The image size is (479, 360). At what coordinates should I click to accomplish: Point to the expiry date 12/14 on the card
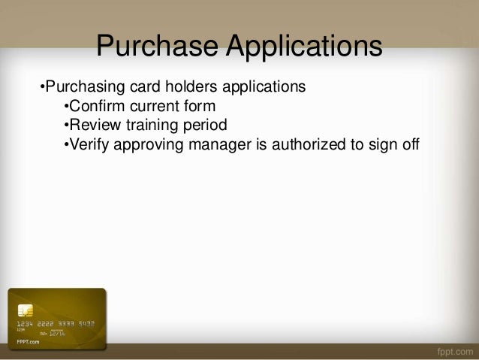point(59,330)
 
